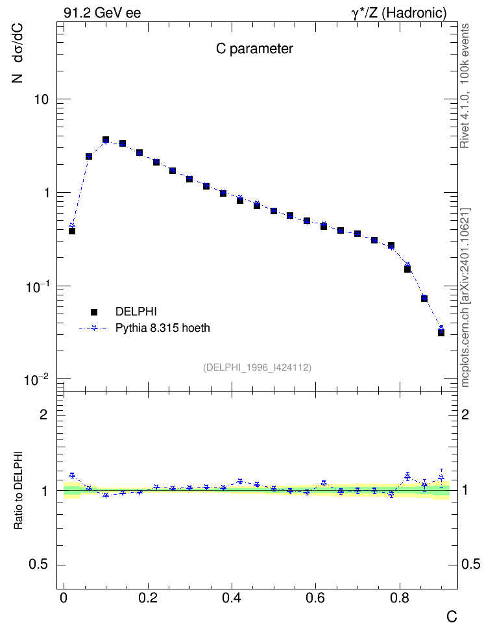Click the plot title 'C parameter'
coord(254,49)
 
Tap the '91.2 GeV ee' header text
coord(103,13)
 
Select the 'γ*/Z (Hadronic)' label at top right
coord(399,13)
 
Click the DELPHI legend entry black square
coord(94,312)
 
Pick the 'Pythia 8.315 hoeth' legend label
coord(163,328)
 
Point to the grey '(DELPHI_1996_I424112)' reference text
coord(257,367)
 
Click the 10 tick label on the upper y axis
coord(41,99)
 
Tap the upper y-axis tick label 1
coord(47,193)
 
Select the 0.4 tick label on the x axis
coord(232,598)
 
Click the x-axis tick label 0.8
coord(400,598)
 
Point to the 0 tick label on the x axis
coord(64,598)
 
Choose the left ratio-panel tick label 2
coord(43,414)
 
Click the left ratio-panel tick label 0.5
coord(39,565)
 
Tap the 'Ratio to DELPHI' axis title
coord(18,489)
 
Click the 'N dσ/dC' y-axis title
coord(18,53)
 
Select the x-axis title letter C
coord(452,617)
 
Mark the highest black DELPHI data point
coord(106,140)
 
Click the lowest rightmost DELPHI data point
coord(441,333)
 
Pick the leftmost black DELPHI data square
coord(72,231)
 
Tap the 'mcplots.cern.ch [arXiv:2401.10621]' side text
coord(465,297)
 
